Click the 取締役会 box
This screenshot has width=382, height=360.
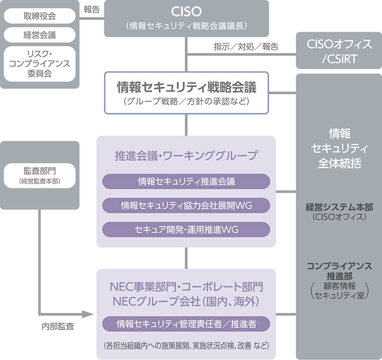pyautogui.click(x=39, y=16)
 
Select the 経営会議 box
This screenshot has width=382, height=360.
pyautogui.click(x=39, y=35)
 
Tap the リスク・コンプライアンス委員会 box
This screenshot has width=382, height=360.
pyautogui.click(x=39, y=64)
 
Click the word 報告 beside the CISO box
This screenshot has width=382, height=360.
pyautogui.click(x=91, y=9)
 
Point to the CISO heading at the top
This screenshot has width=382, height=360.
pyautogui.click(x=187, y=11)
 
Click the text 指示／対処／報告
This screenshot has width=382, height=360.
pyautogui.click(x=246, y=46)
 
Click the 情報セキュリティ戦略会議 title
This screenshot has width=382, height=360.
pyautogui.click(x=187, y=87)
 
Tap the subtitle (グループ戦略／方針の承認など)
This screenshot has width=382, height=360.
pyautogui.click(x=187, y=101)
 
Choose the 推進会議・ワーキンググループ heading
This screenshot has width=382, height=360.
pyautogui.click(x=187, y=155)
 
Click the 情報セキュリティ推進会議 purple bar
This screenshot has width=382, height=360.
pyautogui.click(x=187, y=181)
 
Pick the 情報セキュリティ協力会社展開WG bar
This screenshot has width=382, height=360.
pyautogui.click(x=187, y=205)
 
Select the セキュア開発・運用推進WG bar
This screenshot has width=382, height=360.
pyautogui.click(x=187, y=229)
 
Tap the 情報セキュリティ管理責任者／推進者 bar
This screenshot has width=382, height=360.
pyautogui.click(x=187, y=324)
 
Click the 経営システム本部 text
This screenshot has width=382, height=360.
pyautogui.click(x=339, y=207)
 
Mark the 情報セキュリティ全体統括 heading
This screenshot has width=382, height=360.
pyautogui.click(x=339, y=148)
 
